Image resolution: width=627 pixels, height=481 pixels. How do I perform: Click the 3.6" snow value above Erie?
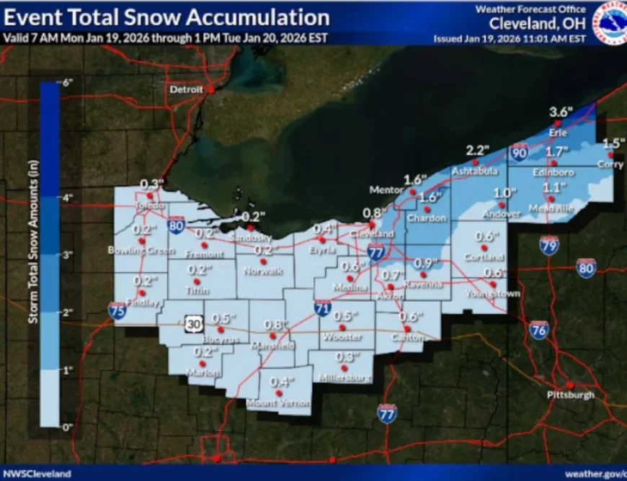click(559, 112)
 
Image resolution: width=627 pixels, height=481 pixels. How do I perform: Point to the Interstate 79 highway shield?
click(549, 246)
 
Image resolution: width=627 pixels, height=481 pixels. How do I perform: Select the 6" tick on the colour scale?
click(68, 82)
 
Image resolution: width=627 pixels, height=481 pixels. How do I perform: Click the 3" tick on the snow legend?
click(68, 254)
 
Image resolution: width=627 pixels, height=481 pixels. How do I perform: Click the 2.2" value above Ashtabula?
click(477, 150)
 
